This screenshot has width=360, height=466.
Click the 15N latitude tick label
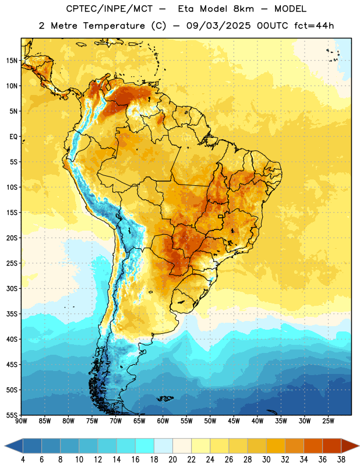(x=12, y=61)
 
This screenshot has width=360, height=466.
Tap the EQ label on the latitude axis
(x=13, y=137)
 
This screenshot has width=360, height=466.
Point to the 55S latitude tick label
(x=12, y=415)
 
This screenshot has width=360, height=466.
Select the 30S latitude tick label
(x=12, y=288)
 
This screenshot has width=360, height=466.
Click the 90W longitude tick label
(x=21, y=421)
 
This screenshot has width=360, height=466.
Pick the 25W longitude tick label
(x=328, y=421)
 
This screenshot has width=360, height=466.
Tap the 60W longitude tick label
(x=163, y=421)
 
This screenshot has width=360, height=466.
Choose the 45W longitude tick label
(x=234, y=421)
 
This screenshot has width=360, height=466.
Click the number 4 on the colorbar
(x=23, y=460)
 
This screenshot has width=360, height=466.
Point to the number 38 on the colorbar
(x=341, y=460)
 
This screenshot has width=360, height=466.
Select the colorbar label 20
(x=172, y=460)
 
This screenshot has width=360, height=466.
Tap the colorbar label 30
(x=266, y=460)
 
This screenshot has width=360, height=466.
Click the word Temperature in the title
(x=114, y=26)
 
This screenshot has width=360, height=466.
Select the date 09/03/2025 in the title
(x=218, y=26)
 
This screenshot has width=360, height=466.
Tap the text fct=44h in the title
(x=314, y=26)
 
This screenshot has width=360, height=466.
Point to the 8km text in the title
(x=243, y=9)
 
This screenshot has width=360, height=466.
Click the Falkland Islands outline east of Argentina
(x=165, y=398)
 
